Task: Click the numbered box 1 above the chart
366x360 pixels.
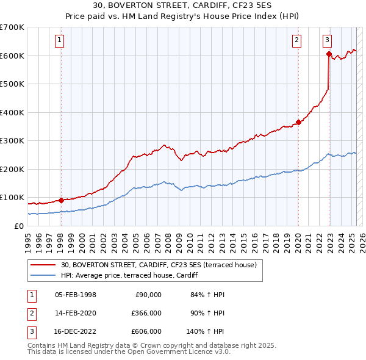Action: click(60, 41)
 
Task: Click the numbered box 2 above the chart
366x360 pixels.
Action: click(296, 41)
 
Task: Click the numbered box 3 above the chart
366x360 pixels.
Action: click(328, 41)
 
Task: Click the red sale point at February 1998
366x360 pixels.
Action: click(61, 200)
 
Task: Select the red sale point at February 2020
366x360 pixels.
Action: click(298, 122)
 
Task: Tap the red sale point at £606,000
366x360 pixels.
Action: click(329, 54)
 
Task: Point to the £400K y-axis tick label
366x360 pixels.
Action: click(12, 112)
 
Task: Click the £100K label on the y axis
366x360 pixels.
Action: click(12, 198)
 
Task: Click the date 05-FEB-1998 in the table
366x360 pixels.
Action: click(76, 294)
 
